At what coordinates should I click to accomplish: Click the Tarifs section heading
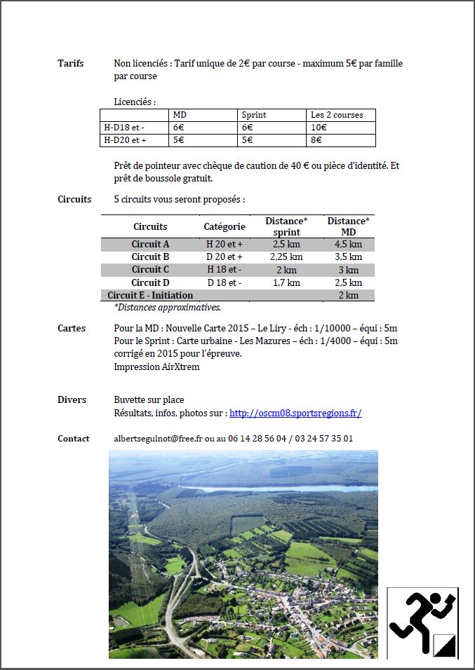(70, 64)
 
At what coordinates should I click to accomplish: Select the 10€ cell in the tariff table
(319, 128)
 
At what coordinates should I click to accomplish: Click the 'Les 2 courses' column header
(337, 115)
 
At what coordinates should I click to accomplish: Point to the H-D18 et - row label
(125, 128)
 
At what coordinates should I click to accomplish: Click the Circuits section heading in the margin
(74, 199)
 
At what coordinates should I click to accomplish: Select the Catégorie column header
(225, 226)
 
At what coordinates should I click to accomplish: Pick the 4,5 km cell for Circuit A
(349, 245)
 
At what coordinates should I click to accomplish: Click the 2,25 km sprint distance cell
(286, 257)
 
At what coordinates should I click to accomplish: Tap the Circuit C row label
(150, 270)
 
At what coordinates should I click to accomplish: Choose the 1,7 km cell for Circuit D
(286, 282)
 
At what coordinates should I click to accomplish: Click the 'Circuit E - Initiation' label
(150, 295)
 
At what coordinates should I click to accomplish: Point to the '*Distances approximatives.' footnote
(167, 307)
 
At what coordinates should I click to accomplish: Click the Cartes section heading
(72, 328)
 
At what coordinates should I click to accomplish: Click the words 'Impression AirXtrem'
(156, 367)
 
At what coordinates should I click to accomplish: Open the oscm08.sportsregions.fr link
(295, 413)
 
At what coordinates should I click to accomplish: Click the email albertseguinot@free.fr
(158, 439)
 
